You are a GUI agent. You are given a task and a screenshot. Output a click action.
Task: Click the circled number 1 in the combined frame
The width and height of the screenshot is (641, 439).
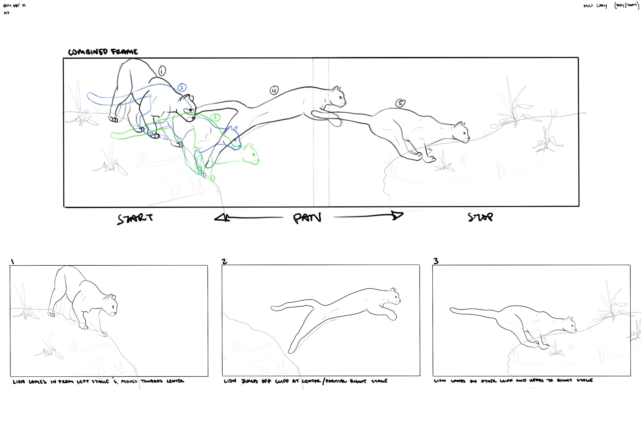(x=162, y=71)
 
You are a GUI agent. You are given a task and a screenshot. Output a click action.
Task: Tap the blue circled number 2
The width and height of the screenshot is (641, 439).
(x=182, y=88)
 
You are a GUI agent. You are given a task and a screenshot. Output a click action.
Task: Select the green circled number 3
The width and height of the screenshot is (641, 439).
(x=215, y=117)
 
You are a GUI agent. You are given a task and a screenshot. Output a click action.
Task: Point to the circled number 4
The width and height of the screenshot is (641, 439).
(x=274, y=90)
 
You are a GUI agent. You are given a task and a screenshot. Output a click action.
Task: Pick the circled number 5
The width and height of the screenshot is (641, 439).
(x=400, y=103)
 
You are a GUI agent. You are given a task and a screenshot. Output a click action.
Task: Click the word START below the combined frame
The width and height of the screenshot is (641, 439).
(x=135, y=218)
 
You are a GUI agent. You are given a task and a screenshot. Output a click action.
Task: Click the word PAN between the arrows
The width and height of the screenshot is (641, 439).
(x=307, y=218)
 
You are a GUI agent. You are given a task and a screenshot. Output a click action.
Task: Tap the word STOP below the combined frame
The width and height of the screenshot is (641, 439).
(x=480, y=217)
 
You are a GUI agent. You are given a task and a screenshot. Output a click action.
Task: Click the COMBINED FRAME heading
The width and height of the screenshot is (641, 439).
(x=103, y=52)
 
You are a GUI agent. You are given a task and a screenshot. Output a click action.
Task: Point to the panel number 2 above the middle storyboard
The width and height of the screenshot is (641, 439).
(x=225, y=261)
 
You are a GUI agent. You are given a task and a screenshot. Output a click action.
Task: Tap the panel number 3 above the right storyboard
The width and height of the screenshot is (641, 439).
(x=436, y=261)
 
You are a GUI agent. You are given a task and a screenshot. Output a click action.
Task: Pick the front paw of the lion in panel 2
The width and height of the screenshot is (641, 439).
(x=392, y=315)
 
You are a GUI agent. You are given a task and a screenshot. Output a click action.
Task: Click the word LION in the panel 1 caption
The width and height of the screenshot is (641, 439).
(x=19, y=382)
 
